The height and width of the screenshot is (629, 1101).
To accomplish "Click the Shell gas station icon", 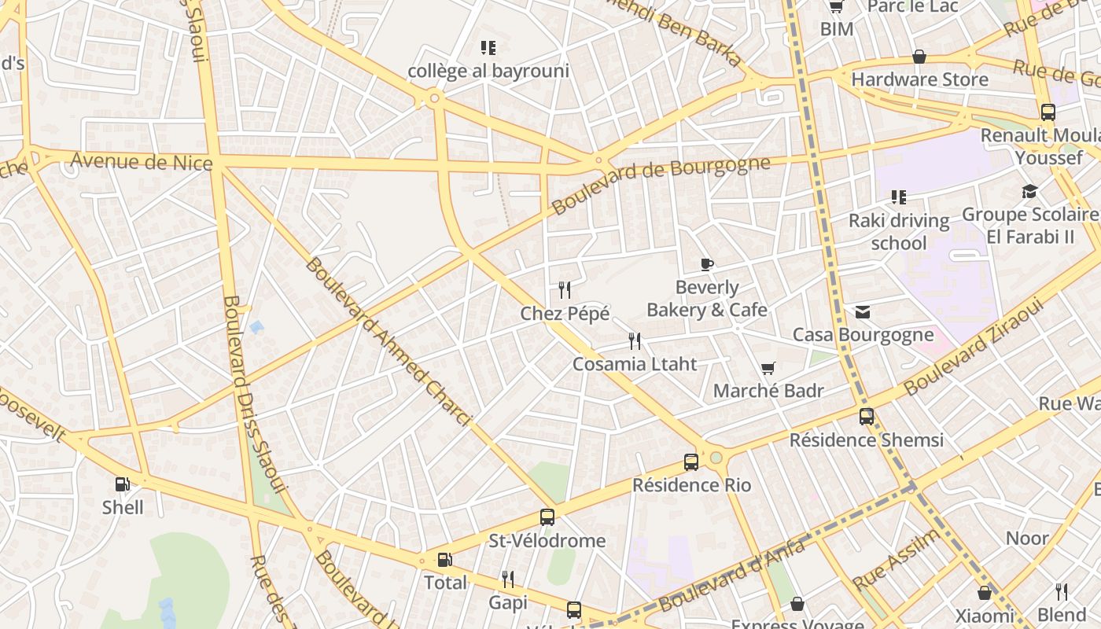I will (x=122, y=484).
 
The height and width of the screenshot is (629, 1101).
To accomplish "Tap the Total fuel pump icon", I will (x=444, y=560).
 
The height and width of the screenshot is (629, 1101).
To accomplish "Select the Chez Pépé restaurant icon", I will (x=564, y=290).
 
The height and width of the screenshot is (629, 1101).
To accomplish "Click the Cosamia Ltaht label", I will (x=635, y=364).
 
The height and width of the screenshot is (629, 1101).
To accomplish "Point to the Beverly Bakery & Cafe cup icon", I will (x=706, y=264).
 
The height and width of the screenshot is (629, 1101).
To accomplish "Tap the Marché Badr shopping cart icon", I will (x=768, y=368).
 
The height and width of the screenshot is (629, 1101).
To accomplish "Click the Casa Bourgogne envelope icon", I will (x=863, y=312).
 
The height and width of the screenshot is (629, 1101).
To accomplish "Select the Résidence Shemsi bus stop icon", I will (x=866, y=417).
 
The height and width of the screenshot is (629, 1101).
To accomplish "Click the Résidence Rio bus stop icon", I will (x=691, y=462).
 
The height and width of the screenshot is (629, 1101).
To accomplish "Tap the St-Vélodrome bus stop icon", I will (x=547, y=517).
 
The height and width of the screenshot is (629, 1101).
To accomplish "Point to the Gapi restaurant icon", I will (x=508, y=579).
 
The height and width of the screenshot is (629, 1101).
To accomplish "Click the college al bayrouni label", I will (x=488, y=71).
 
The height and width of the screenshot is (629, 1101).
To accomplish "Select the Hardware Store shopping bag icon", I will (x=919, y=57).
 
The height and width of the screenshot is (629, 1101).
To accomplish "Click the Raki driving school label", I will (x=899, y=231).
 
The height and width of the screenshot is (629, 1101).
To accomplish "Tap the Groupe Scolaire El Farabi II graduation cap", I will (x=1029, y=192).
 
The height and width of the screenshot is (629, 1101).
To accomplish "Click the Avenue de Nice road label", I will (x=142, y=162).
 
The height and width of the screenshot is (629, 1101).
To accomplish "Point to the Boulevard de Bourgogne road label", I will (x=661, y=185).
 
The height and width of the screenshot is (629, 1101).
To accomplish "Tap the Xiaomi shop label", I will (x=985, y=616).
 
